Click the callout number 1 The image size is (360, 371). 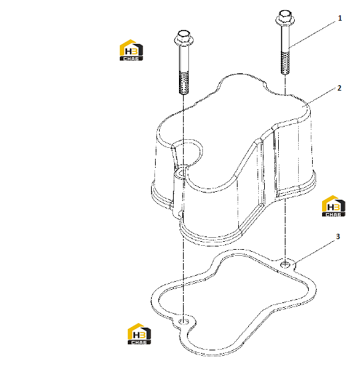[339, 18]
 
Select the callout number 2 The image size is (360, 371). [339, 88]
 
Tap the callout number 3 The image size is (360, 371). [338, 236]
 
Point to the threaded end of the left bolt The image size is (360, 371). [184, 83]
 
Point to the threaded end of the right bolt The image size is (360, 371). [285, 63]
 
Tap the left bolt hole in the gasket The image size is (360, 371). [184, 322]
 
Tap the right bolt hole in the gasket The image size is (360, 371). [285, 264]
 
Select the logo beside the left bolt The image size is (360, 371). [131, 50]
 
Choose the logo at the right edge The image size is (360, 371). [333, 206]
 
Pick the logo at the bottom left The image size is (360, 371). [139, 334]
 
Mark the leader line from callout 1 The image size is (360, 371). [312, 34]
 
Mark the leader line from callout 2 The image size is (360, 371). [321, 96]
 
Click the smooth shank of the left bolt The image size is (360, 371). [184, 59]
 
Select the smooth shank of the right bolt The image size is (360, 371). [285, 39]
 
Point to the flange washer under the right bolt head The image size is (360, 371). [285, 21]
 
